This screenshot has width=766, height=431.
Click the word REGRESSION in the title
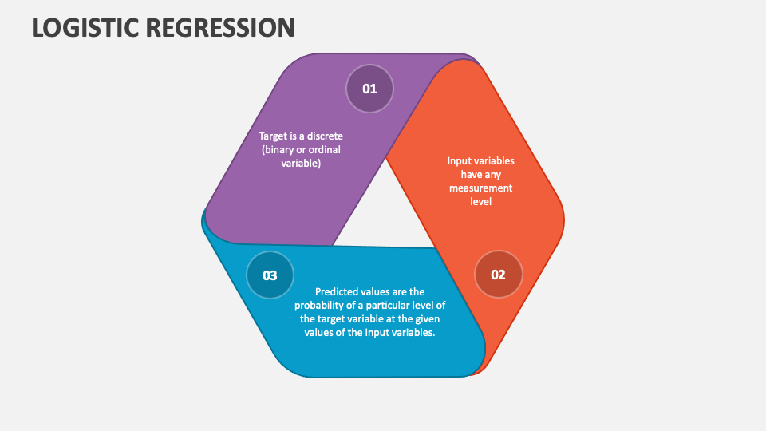point(220,27)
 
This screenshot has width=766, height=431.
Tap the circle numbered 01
point(369,89)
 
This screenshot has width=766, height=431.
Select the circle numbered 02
point(498,274)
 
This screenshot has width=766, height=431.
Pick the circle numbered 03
point(270,275)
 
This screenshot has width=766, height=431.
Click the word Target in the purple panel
point(274,136)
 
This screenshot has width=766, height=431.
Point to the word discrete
point(325,136)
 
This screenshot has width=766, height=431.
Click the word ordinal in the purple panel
point(325,149)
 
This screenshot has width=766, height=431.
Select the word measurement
point(480,188)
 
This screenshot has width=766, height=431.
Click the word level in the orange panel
point(480,201)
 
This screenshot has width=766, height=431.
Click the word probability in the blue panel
point(317,306)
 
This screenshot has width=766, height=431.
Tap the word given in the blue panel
point(428,319)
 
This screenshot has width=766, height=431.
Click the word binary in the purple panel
point(277,150)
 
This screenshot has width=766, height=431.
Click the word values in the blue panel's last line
point(318,332)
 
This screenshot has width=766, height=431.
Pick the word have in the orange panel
point(471,175)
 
